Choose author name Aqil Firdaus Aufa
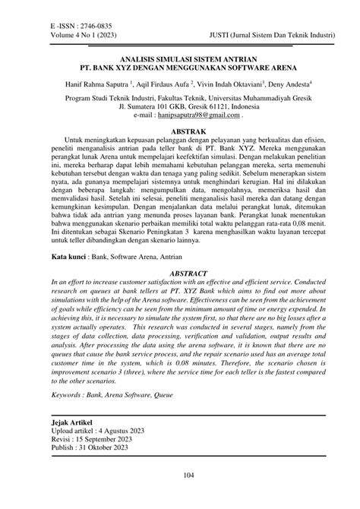150,86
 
